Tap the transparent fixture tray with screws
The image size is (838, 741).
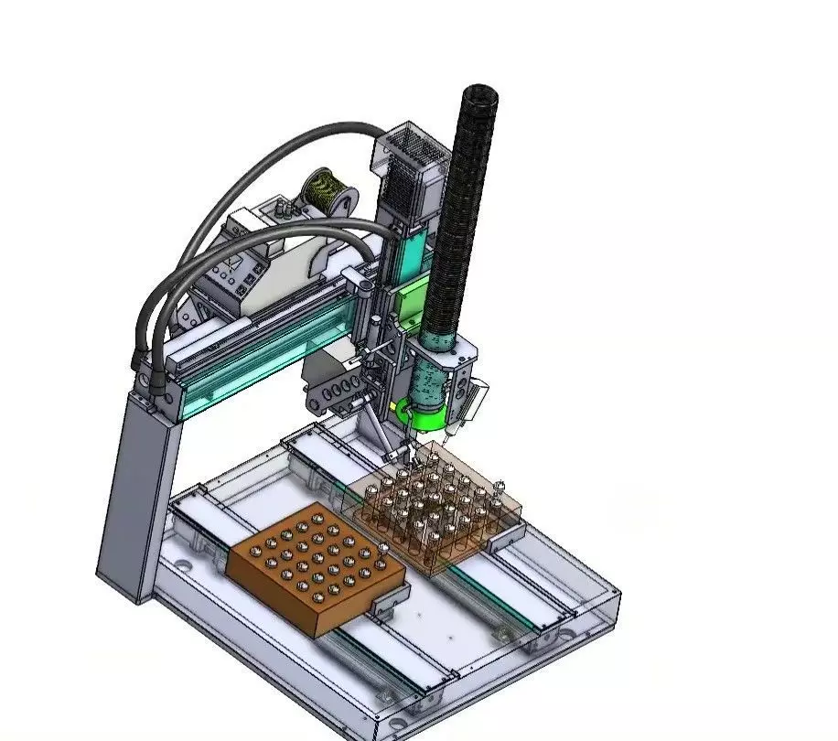439,512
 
